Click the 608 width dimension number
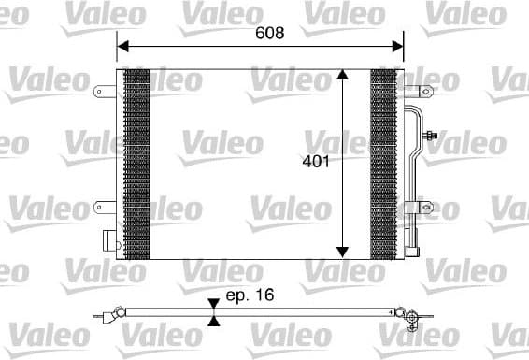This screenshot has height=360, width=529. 269,31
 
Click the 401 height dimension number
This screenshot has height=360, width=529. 315,161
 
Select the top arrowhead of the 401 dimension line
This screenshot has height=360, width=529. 342,76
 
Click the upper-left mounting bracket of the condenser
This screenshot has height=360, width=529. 103,91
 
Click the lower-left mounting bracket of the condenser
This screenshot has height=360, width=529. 103,205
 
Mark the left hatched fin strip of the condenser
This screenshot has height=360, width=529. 136,164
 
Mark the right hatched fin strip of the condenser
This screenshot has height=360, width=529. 382,164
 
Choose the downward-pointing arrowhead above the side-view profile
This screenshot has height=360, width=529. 214,303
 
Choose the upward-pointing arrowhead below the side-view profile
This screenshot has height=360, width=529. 214,321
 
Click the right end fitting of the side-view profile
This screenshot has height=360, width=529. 407,315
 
